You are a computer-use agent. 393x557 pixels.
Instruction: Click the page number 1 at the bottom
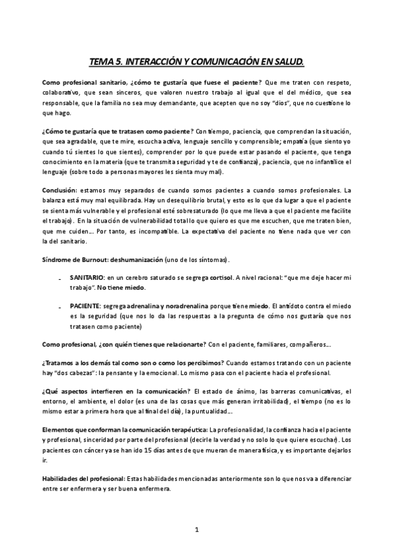(197, 529)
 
